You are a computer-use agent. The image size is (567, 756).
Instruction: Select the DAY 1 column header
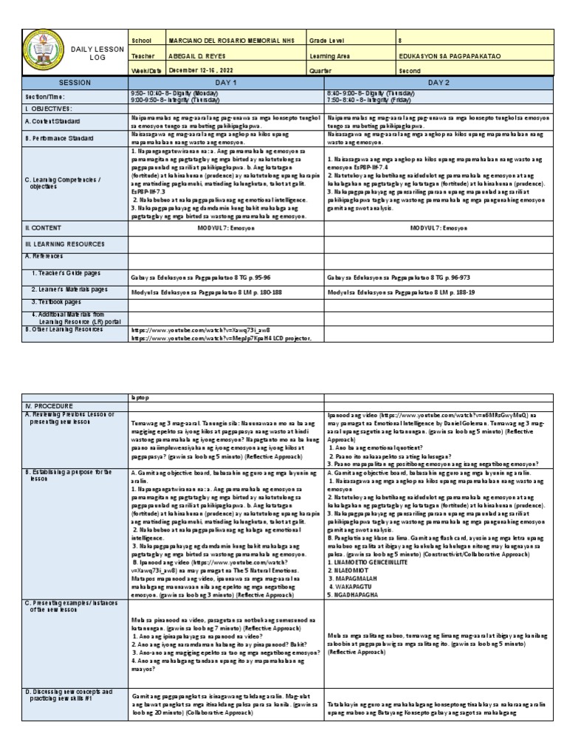click(227, 83)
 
